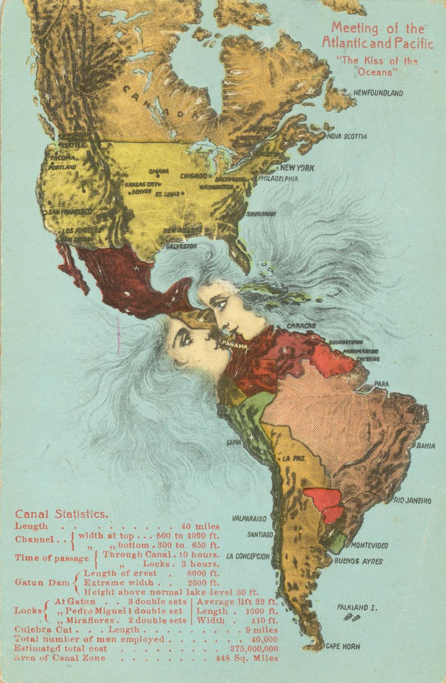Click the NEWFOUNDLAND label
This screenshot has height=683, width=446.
[377, 93]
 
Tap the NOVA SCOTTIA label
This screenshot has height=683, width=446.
[347, 136]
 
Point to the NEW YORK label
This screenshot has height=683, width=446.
[297, 168]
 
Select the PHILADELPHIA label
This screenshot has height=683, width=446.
[278, 179]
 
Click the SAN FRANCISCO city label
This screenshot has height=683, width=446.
[70, 212]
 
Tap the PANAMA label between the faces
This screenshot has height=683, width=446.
[235, 346]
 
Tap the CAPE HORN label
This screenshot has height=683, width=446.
[343, 646]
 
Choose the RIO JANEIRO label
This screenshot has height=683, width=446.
[412, 501]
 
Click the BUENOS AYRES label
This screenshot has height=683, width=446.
[358, 561]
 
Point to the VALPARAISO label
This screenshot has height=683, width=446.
[249, 518]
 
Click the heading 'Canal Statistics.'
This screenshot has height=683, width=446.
[62, 514]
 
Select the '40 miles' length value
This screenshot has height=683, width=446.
[200, 527]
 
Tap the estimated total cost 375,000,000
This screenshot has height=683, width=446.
[254, 649]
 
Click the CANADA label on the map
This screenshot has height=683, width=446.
[159, 102]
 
